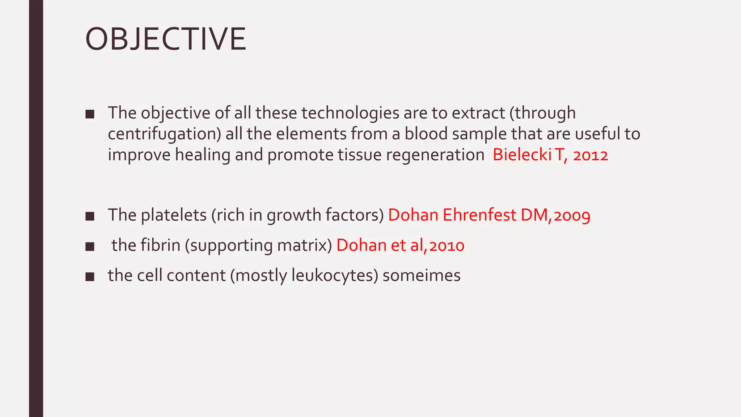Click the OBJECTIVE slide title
[165, 39]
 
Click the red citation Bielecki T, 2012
[550, 155]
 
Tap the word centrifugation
[164, 134]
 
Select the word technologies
[350, 113]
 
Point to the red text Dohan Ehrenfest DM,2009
[489, 215]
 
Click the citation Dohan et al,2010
[400, 245]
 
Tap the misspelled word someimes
[422, 275]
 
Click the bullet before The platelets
[90, 216]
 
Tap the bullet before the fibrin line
[90, 247]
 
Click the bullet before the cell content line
[90, 277]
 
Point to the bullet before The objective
[90, 115]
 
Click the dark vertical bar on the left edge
[36, 208]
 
